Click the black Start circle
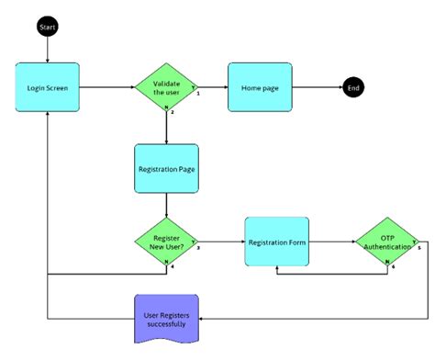[x=47, y=28]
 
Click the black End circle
[x=352, y=88]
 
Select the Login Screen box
[x=47, y=89]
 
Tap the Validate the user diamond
[x=165, y=89]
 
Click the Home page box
[x=260, y=88]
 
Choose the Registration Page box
[x=166, y=169]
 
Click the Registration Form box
[x=276, y=242]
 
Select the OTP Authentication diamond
[x=385, y=242]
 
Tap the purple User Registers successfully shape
[x=166, y=318]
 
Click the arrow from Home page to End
[x=316, y=88]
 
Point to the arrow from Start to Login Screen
[x=47, y=50]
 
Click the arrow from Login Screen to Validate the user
[x=106, y=89]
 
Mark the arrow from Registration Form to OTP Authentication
[x=332, y=242]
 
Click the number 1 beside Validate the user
[x=199, y=94]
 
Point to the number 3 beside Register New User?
[x=199, y=249]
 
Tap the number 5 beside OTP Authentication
[x=418, y=248]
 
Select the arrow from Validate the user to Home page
[x=212, y=88]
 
